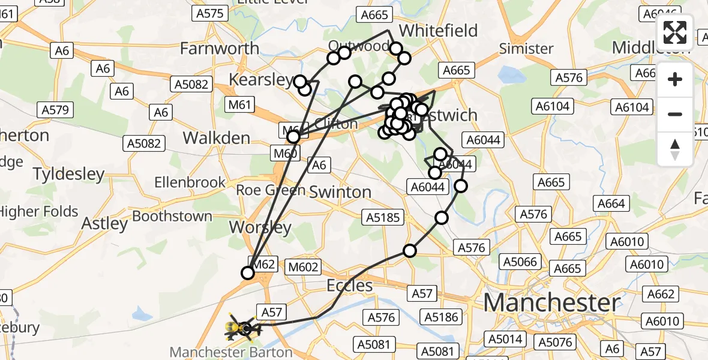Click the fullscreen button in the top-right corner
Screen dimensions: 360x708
point(675,32)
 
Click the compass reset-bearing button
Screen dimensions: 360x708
point(675,149)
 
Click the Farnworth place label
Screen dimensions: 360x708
point(220,48)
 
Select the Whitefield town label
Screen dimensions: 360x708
point(438,31)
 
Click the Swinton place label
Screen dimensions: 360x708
point(340,192)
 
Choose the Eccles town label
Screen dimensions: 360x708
point(350,286)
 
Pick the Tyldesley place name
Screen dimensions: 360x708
point(68,174)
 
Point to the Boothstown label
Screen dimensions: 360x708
point(172,216)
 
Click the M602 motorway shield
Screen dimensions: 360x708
point(304,267)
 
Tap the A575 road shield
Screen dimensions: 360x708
point(209,13)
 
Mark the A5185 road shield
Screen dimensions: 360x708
point(385,217)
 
